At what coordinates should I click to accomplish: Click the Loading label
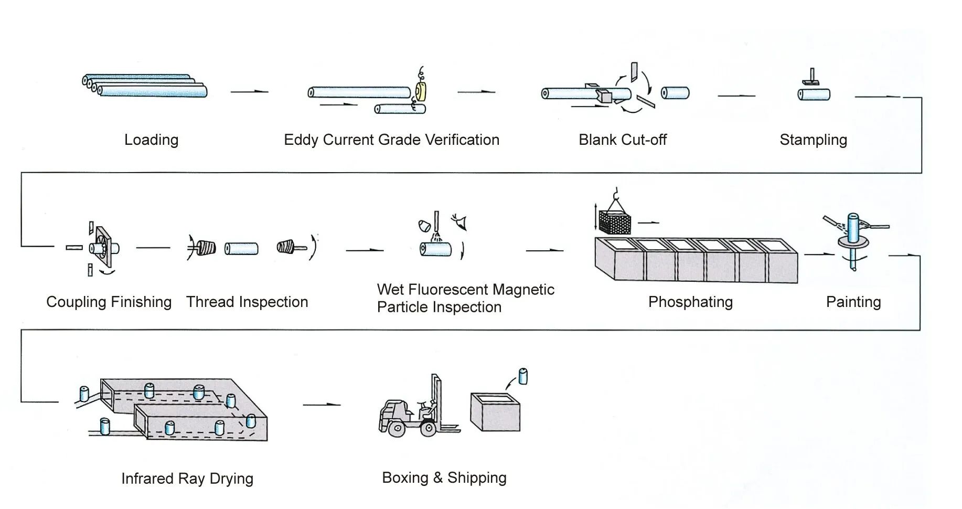pos(151,140)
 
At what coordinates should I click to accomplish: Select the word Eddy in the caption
pos(301,140)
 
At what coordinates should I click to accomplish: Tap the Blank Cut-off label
pos(622,140)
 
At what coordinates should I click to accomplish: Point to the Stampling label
pos(813,140)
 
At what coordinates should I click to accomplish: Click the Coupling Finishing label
pos(109,302)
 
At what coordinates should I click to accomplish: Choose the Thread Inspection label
pos(247,302)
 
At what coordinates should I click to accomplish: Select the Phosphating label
pos(690,302)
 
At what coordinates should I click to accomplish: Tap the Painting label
pos(853,302)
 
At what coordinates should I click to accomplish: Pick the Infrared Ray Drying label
pos(187,479)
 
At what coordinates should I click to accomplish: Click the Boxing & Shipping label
pos(444,478)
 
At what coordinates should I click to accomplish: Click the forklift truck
pos(417,412)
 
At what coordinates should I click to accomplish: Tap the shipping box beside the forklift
pos(495,412)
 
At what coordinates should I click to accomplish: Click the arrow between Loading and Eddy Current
pos(250,92)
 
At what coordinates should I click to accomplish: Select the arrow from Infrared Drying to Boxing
pos(322,405)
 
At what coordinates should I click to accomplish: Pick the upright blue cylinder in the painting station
pos(853,226)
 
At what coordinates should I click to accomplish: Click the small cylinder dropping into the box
pos(522,376)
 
